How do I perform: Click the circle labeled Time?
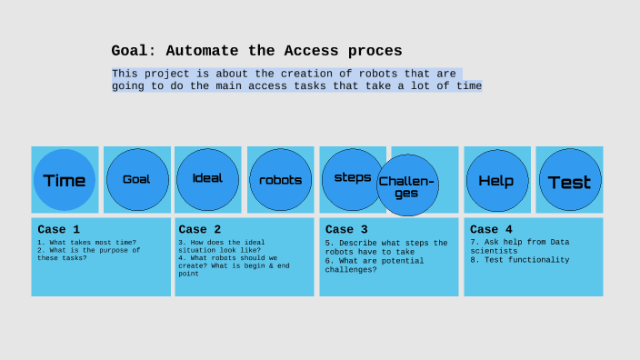(65, 180)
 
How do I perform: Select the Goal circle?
(136, 179)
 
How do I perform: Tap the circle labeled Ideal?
(207, 178)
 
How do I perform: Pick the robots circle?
(280, 180)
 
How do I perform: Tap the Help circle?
(496, 181)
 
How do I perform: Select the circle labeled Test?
(569, 181)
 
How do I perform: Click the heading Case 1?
(59, 230)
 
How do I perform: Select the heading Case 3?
(346, 230)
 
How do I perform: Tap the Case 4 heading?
(492, 230)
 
